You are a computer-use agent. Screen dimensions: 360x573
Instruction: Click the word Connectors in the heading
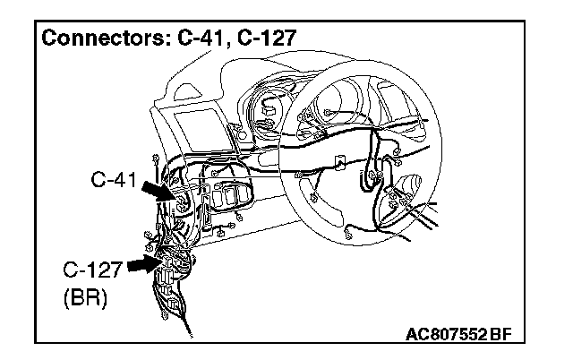[x=98, y=39]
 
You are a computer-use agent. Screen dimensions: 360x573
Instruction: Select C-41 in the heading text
[x=195, y=39]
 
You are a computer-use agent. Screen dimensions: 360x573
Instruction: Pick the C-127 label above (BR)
[x=90, y=270]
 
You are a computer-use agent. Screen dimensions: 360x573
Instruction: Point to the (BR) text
[x=85, y=298]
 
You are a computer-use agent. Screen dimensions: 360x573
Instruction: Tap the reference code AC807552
[x=445, y=335]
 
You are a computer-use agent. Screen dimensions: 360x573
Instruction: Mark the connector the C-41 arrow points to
[x=183, y=203]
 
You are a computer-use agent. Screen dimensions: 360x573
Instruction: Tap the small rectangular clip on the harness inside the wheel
[x=340, y=163]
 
